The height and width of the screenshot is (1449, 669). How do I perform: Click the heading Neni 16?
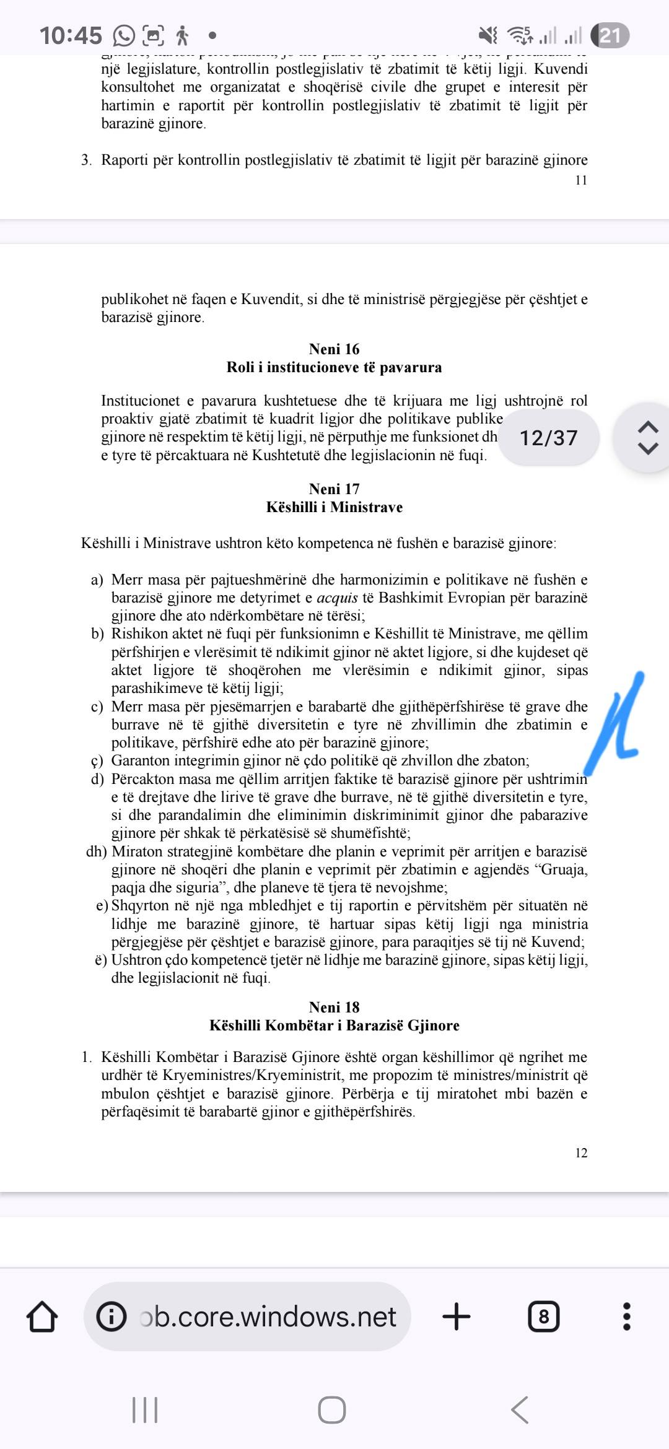click(334, 349)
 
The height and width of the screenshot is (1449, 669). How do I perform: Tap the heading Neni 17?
click(334, 489)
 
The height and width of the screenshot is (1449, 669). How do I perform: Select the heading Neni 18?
click(334, 1007)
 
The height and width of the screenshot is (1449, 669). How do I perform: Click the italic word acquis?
click(337, 598)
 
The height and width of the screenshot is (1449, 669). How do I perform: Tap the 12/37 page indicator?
click(548, 438)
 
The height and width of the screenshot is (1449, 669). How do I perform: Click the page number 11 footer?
click(581, 180)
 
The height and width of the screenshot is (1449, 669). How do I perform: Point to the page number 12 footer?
click(581, 1153)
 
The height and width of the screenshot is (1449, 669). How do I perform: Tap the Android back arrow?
click(520, 1410)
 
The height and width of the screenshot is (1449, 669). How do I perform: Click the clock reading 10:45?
click(71, 35)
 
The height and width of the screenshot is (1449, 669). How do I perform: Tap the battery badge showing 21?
click(610, 35)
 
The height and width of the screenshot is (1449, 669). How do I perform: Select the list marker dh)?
click(97, 852)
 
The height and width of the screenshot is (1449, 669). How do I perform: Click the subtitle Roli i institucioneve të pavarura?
click(334, 368)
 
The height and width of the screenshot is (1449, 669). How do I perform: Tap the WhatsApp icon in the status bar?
click(124, 35)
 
